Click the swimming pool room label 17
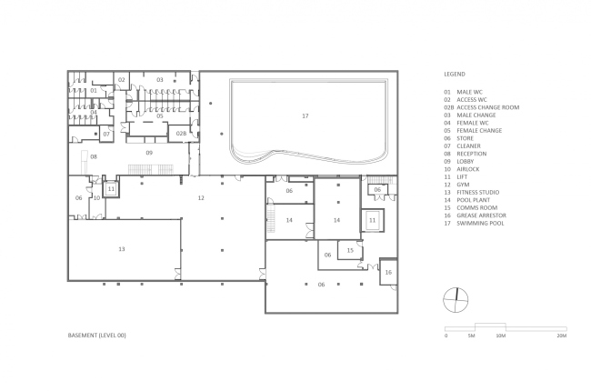(306, 115)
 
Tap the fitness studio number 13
(121, 249)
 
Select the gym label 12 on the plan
(201, 197)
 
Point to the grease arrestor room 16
(388, 272)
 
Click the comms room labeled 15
(350, 250)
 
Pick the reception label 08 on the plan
(94, 156)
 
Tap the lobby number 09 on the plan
(149, 153)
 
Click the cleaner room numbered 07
(106, 134)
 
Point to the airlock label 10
(96, 197)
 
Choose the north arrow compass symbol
(456, 300)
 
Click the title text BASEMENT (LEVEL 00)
(97, 336)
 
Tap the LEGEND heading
(455, 74)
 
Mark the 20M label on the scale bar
(562, 336)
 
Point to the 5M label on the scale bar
(472, 336)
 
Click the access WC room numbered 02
(121, 79)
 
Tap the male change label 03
(160, 79)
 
